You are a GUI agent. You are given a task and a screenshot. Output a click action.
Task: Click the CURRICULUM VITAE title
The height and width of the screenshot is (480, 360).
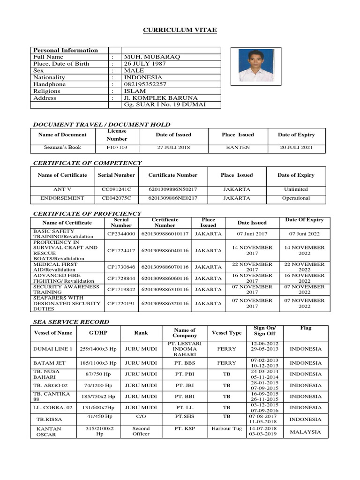pyautogui.click(x=180, y=30)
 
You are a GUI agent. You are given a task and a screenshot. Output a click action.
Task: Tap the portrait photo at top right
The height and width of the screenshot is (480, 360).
pyautogui.click(x=256, y=66)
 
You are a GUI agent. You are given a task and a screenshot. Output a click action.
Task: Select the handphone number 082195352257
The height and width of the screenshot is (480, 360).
pyautogui.click(x=145, y=84)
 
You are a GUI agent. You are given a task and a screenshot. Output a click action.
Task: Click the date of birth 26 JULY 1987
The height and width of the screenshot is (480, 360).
pyautogui.click(x=145, y=64)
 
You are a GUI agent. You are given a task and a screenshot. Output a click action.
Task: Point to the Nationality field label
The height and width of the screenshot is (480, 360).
pyautogui.click(x=49, y=77)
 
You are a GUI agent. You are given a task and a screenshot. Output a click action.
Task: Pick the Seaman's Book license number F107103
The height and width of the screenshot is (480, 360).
pyautogui.click(x=117, y=148)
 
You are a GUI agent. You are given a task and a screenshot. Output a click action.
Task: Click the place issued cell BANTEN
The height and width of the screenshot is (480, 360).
pyautogui.click(x=238, y=148)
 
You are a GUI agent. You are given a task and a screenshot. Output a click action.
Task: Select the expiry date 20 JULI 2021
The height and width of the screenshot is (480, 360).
pyautogui.click(x=296, y=148)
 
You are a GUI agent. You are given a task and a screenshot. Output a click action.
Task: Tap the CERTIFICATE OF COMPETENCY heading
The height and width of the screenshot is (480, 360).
pyautogui.click(x=87, y=163)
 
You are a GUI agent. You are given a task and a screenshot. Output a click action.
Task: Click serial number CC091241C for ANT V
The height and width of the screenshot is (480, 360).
pyautogui.click(x=117, y=189)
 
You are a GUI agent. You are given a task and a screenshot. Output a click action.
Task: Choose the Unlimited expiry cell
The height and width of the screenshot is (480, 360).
pyautogui.click(x=296, y=189)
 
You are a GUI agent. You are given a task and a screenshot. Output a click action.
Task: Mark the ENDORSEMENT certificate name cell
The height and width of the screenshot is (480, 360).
pyautogui.click(x=62, y=198)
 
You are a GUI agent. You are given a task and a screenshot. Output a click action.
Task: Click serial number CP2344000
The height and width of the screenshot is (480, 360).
pyautogui.click(x=121, y=233)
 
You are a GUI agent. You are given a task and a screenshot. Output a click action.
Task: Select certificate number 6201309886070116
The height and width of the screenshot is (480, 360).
pyautogui.click(x=165, y=267)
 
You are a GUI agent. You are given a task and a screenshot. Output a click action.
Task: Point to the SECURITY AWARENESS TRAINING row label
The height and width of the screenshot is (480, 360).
pyautogui.click(x=66, y=289)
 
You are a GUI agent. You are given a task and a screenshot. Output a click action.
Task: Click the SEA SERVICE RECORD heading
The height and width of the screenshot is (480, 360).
pyautogui.click(x=71, y=322)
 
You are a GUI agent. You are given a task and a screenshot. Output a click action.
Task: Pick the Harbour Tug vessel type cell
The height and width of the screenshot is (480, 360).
pyautogui.click(x=226, y=428)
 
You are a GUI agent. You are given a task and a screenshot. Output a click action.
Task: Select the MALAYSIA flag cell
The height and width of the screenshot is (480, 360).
pyautogui.click(x=306, y=432)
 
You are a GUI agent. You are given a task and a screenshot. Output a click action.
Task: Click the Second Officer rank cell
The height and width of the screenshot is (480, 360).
pyautogui.click(x=141, y=431)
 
